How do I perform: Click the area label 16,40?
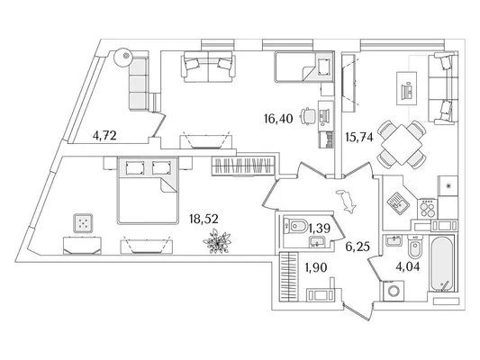278,119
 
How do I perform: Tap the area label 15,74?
359,138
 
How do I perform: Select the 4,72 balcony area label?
104,135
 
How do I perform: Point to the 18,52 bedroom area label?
204,219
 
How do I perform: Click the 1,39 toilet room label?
319,228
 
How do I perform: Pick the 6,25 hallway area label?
358,247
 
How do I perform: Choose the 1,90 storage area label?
315,267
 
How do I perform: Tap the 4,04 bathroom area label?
408,266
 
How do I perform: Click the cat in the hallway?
346,201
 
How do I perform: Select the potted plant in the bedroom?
217,242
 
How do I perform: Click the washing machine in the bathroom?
392,291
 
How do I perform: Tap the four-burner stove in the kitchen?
428,209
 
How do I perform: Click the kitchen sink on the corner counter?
396,202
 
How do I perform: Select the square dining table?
403,145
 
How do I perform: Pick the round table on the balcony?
123,58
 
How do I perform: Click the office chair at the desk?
308,116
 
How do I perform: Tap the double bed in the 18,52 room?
148,191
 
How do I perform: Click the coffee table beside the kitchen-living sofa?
407,88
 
